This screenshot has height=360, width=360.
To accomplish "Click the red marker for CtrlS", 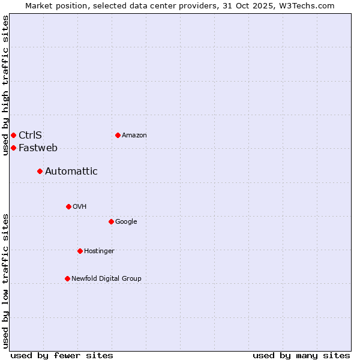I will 13,135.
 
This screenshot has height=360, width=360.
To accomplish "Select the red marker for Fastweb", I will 13,148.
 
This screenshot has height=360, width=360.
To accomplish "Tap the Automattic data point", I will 40,172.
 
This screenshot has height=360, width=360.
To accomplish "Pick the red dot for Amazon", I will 118,135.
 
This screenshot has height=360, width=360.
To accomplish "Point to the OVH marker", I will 68,206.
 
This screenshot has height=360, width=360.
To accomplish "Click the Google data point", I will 111,221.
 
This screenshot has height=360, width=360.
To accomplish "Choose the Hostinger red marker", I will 80,251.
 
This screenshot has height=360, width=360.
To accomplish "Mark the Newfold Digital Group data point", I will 67,278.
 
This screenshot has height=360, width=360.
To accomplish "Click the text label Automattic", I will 71,172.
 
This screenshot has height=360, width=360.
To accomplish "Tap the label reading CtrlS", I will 30,135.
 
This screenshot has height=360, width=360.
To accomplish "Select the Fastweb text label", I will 38,148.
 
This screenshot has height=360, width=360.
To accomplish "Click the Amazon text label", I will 134,135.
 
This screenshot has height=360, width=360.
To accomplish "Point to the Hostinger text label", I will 99,251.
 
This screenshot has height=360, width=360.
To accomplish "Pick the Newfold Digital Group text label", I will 106,278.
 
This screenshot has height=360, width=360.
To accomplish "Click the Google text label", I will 126,221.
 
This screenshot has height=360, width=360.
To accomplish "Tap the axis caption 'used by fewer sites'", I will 62,355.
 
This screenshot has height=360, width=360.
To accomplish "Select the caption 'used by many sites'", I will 301,355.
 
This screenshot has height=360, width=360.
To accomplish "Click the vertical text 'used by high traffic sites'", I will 5,85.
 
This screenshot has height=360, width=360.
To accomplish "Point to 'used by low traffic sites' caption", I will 5,280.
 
